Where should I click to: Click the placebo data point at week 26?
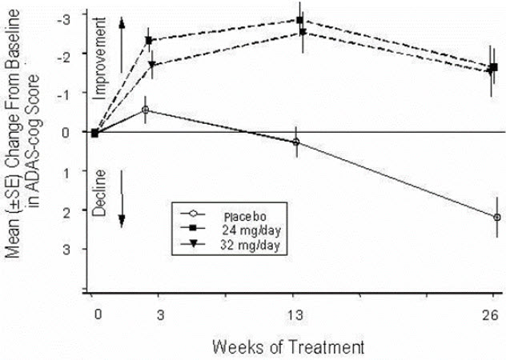tap(497, 217)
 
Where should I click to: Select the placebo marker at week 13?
tap(296, 142)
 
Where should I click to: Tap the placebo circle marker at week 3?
tap(145, 110)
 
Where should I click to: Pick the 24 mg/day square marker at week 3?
tap(149, 40)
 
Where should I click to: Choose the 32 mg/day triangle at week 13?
tap(303, 33)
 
